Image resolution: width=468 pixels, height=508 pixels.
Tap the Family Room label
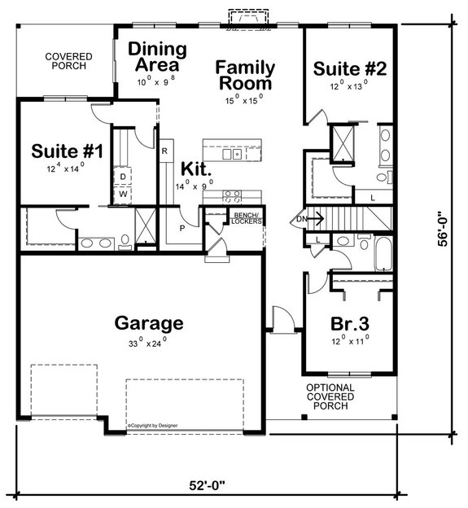pyautogui.click(x=245, y=76)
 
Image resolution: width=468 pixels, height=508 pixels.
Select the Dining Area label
pyautogui.click(x=156, y=57)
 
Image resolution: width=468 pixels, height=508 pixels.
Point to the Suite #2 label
pyautogui.click(x=348, y=68)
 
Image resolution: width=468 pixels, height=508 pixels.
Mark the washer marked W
pyautogui.click(x=124, y=195)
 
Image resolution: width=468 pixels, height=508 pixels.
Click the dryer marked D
pyautogui.click(x=124, y=177)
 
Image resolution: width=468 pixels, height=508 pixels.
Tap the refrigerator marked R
pyautogui.click(x=164, y=151)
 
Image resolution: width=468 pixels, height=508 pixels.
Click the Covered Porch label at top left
pyautogui.click(x=68, y=61)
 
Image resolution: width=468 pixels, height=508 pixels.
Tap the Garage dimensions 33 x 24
pyautogui.click(x=147, y=342)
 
